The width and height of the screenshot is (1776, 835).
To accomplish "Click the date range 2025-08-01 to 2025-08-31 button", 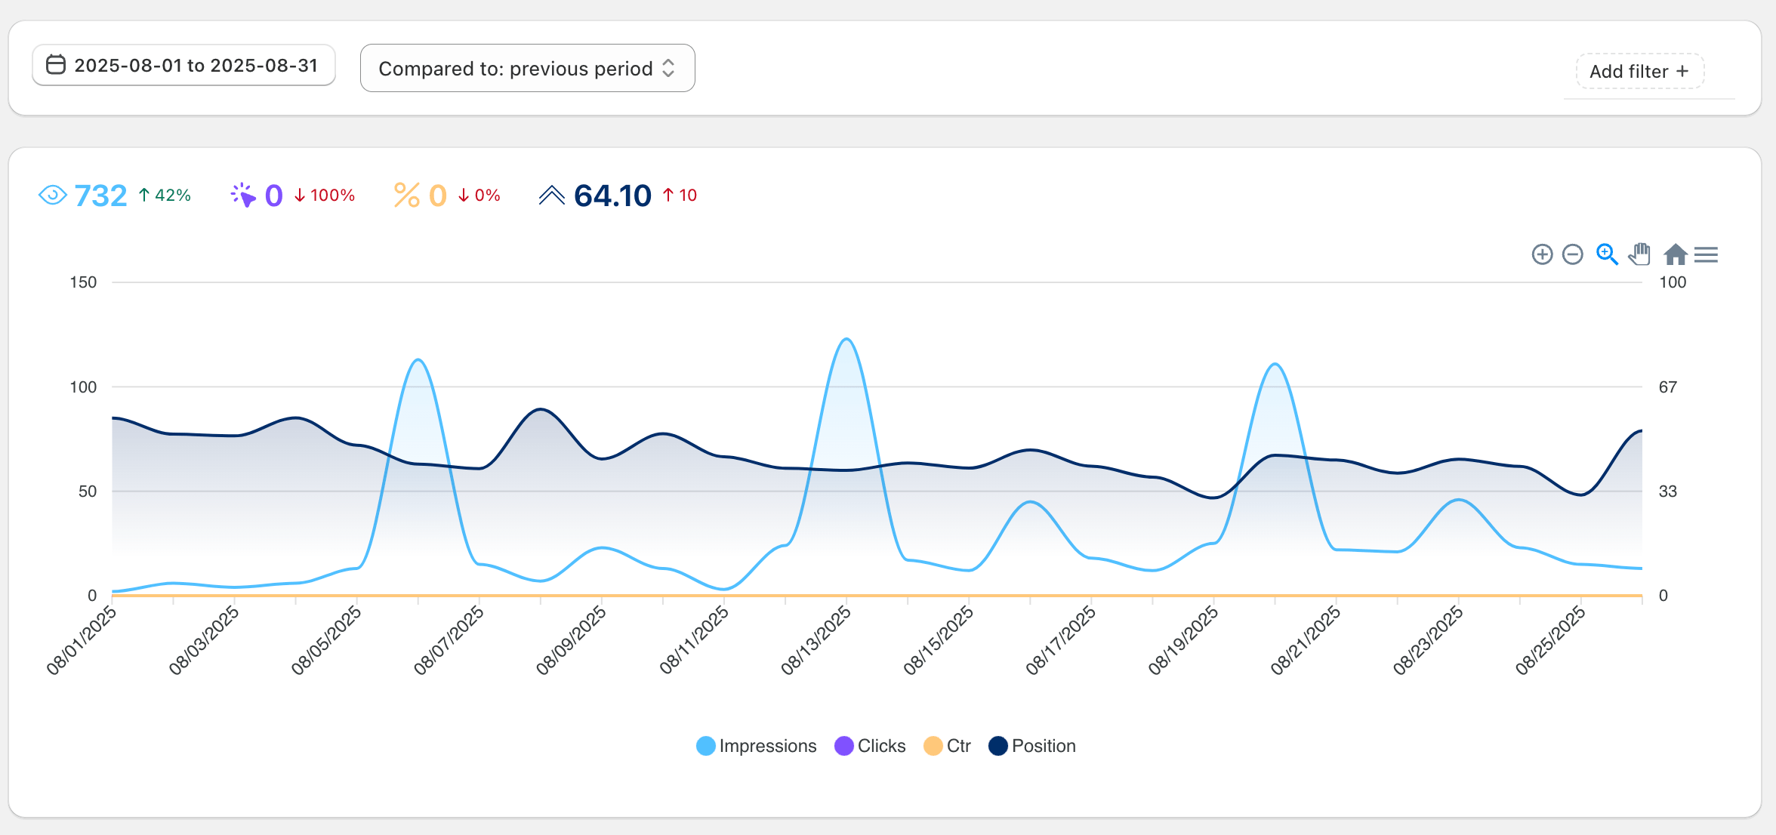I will tap(183, 66).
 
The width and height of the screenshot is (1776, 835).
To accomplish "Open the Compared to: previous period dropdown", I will tap(527, 69).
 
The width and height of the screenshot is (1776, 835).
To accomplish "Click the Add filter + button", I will tap(1639, 72).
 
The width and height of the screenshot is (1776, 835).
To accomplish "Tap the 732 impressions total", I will tap(100, 196).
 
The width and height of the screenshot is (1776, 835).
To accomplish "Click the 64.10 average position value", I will tap(612, 196).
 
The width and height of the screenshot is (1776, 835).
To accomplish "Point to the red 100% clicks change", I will tap(325, 196).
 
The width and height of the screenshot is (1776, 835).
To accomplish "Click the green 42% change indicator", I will tap(165, 196).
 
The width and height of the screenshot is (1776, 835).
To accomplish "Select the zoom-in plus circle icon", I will tap(1542, 254).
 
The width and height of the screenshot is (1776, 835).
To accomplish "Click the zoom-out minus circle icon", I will tap(1573, 254).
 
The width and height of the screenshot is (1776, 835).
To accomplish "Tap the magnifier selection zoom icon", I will tap(1607, 254).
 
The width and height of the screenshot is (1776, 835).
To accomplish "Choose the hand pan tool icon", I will tap(1639, 254).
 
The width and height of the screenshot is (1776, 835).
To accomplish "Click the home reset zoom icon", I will tap(1675, 254).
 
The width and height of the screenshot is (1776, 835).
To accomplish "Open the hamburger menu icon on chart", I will tap(1706, 254).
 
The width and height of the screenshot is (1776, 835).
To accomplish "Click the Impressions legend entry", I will tap(757, 746).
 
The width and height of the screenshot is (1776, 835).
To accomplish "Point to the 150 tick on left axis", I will tap(83, 282).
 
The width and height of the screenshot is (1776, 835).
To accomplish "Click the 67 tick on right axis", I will tap(1667, 387).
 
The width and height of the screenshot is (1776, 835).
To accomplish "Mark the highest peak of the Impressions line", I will tap(846, 339).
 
